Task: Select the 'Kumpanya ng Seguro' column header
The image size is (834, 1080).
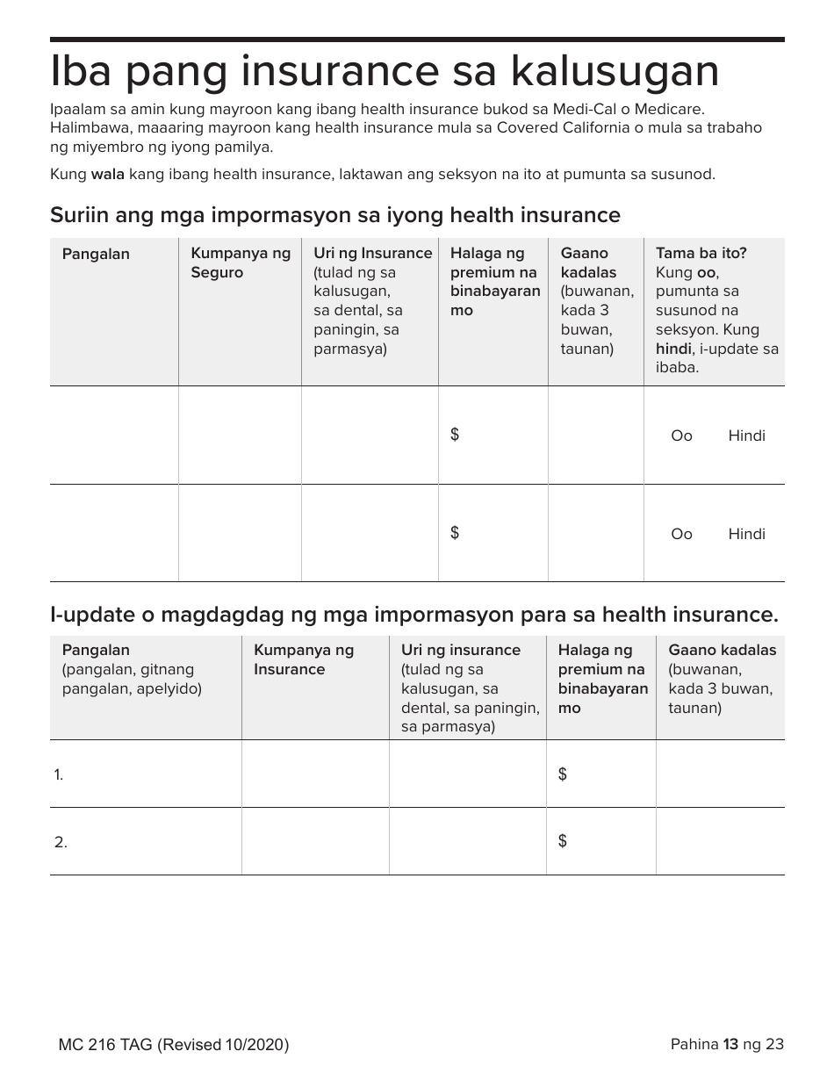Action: [241, 263]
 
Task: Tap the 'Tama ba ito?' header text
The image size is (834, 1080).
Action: [701, 253]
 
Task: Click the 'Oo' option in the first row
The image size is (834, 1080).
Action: [681, 436]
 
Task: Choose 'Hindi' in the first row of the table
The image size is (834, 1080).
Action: [746, 436]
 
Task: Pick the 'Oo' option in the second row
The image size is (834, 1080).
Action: [681, 535]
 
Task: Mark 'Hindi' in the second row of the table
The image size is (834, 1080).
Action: [746, 535]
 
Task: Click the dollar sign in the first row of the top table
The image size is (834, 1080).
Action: [455, 435]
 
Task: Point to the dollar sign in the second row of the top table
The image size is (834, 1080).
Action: [455, 533]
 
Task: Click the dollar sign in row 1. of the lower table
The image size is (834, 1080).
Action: [563, 774]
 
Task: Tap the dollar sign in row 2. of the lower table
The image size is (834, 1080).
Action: [563, 841]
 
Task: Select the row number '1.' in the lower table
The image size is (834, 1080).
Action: [59, 774]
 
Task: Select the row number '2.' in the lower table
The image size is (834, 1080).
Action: [61, 842]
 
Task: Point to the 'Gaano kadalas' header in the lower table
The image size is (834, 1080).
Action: [723, 651]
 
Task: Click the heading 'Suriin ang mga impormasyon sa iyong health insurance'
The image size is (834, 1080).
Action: [334, 215]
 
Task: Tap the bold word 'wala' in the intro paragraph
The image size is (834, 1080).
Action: [108, 174]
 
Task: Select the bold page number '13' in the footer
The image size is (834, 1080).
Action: [730, 1044]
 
